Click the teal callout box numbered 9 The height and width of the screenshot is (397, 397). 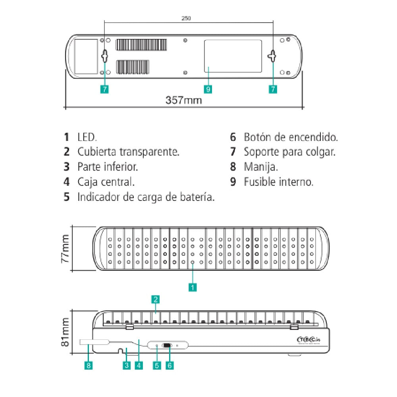tap(208, 89)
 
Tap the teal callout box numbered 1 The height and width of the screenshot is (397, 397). tap(193, 287)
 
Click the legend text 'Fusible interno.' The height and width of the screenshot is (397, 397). tap(279, 182)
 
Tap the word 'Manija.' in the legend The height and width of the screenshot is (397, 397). tap(260, 167)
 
